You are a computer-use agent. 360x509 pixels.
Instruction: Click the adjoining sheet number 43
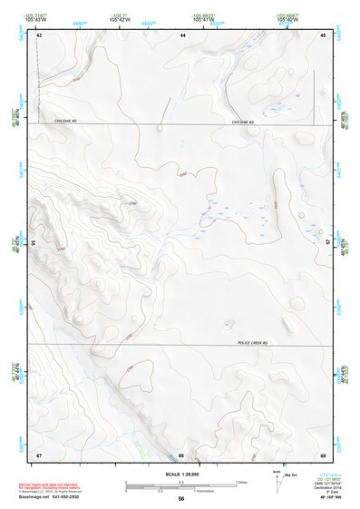pyautogui.click(x=39, y=34)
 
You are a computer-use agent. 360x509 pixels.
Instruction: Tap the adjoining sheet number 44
pyautogui.click(x=182, y=34)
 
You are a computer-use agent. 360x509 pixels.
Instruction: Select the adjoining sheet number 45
pyautogui.click(x=323, y=34)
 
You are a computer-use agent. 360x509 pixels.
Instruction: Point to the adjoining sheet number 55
pyautogui.click(x=34, y=243)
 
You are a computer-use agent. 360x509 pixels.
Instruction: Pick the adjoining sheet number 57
pyautogui.click(x=327, y=243)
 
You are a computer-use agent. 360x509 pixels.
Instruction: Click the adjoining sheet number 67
pyautogui.click(x=39, y=455)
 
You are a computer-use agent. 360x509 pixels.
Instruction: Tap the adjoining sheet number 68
pyautogui.click(x=182, y=455)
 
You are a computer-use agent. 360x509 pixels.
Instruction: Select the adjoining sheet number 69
pyautogui.click(x=323, y=455)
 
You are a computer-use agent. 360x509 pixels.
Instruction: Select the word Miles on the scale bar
pyautogui.click(x=242, y=480)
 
